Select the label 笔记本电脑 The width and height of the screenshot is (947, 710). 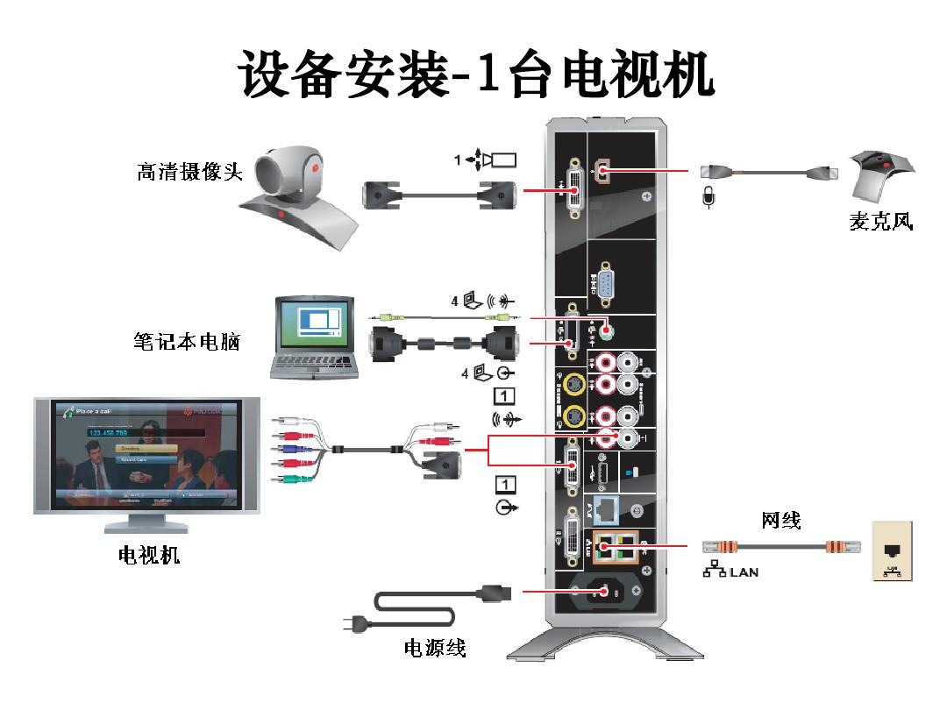click(181, 341)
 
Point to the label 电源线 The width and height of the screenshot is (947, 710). click(435, 648)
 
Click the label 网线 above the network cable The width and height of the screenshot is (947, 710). click(780, 521)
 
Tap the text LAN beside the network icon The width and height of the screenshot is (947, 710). click(742, 572)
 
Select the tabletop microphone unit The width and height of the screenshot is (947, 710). click(883, 171)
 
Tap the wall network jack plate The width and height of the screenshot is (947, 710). click(892, 551)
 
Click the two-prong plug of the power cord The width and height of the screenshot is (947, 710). click(354, 624)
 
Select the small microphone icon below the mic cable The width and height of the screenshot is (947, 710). click(708, 197)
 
